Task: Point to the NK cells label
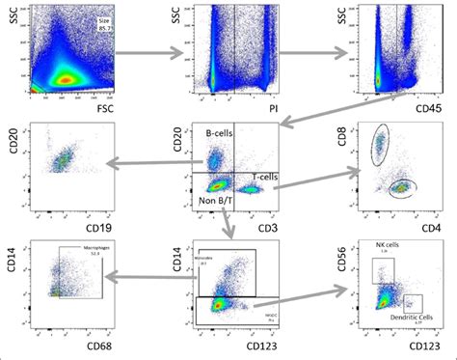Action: click(389, 244)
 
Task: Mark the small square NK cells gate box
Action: click(383, 269)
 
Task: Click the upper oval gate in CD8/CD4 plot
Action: click(381, 143)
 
